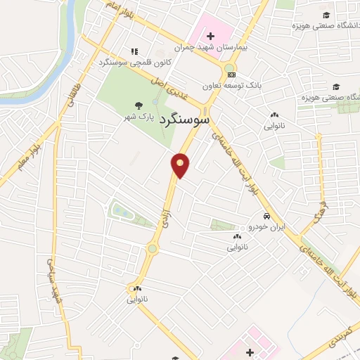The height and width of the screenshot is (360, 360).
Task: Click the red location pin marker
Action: [181, 165]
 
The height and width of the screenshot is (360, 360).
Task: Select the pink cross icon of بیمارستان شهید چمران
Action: [210, 35]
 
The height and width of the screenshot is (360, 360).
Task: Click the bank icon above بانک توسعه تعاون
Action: [231, 75]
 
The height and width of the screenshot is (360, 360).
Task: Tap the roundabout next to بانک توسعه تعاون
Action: [229, 69]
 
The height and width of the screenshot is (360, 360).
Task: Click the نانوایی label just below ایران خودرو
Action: [237, 247]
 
